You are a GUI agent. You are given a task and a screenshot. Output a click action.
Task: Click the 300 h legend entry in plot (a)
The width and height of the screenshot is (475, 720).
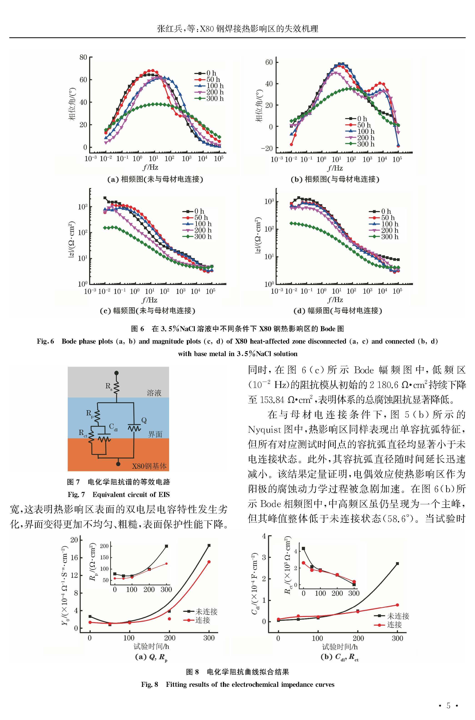point(209,98)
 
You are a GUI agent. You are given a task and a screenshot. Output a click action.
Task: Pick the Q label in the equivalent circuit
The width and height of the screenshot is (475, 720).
point(144,420)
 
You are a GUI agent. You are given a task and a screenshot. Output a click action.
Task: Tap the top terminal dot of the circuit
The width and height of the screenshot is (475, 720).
point(116,373)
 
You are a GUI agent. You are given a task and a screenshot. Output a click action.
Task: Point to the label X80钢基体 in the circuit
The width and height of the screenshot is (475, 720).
point(149,466)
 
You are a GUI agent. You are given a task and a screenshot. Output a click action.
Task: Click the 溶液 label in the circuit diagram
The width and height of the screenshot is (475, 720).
point(154,393)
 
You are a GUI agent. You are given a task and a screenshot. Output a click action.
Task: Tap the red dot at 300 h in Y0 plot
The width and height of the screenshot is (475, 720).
point(209,562)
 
